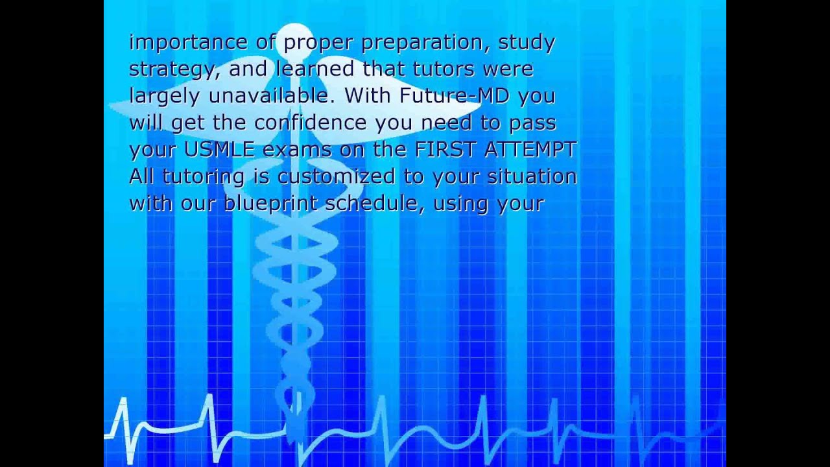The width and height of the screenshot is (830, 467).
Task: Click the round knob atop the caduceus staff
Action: tap(295, 35)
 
